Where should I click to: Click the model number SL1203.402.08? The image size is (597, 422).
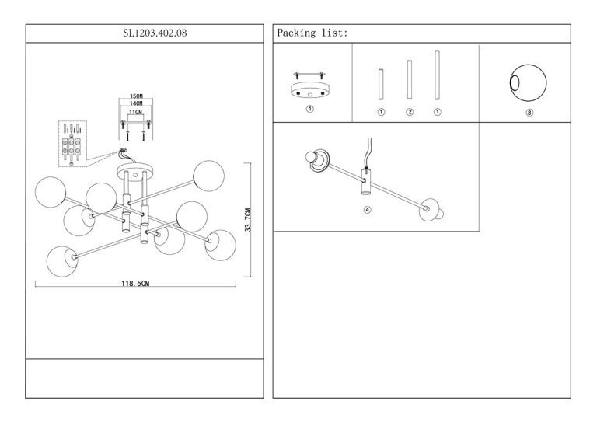point(155,33)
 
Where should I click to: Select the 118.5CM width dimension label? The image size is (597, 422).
point(135,283)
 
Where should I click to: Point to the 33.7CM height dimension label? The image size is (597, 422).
point(248,220)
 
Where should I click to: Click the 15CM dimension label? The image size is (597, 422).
point(136,96)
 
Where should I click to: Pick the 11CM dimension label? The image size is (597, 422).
point(135,112)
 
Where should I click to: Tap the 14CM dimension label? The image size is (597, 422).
point(136,103)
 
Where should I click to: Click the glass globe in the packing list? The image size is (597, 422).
point(528,83)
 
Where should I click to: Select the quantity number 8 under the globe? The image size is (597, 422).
point(529,113)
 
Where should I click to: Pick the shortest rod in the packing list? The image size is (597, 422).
point(381,85)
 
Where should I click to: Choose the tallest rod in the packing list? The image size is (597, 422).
point(437,75)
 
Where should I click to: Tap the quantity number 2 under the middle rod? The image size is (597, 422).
point(410,112)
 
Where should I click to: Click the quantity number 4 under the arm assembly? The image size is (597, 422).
point(368,210)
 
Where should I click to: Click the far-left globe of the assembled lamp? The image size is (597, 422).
point(51,192)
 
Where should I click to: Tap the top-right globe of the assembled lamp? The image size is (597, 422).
point(208,176)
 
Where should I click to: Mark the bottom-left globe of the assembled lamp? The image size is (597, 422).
point(62,261)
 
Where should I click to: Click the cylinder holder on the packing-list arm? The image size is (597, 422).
point(366,182)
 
